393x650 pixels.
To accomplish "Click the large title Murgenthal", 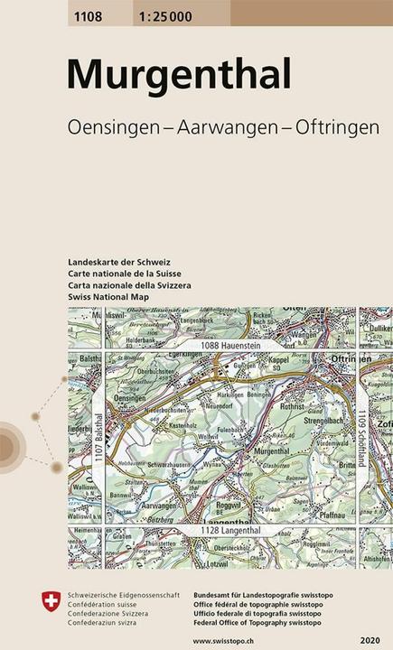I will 180,74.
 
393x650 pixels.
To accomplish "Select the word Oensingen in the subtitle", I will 112,128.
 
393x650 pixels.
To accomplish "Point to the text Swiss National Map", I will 108,296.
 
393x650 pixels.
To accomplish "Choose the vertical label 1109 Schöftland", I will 360,437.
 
